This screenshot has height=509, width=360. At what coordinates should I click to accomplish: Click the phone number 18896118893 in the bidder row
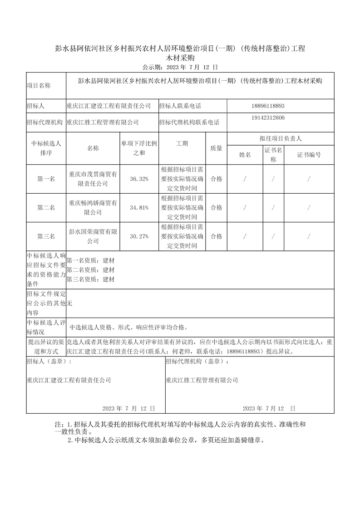tap(267, 106)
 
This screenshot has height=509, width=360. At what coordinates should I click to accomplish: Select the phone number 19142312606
tap(267, 117)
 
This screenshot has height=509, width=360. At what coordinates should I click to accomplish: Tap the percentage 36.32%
tap(139, 179)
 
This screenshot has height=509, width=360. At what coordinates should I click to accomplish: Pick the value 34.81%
tap(139, 207)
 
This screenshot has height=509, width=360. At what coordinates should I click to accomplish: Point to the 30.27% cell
tap(139, 236)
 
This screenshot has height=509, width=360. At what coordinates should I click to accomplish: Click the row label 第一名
tap(46, 179)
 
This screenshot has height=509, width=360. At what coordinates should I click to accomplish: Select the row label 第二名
tap(46, 207)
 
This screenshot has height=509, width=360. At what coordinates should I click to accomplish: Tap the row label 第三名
tap(46, 236)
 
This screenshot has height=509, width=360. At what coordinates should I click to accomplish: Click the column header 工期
tap(182, 143)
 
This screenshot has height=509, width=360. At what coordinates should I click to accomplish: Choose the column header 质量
tap(217, 148)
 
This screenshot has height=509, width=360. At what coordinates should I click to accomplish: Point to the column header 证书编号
tap(309, 155)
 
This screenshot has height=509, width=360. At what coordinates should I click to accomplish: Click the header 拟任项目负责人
tap(280, 138)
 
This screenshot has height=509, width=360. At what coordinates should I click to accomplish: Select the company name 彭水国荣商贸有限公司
tap(93, 236)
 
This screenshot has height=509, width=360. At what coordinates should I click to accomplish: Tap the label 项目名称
tap(39, 85)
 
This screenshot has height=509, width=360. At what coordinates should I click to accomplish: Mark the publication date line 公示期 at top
tap(180, 67)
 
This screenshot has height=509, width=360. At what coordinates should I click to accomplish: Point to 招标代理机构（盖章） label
tap(198, 362)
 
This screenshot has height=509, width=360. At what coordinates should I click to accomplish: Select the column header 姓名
tap(245, 155)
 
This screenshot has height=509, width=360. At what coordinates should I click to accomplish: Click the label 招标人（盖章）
tap(49, 362)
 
